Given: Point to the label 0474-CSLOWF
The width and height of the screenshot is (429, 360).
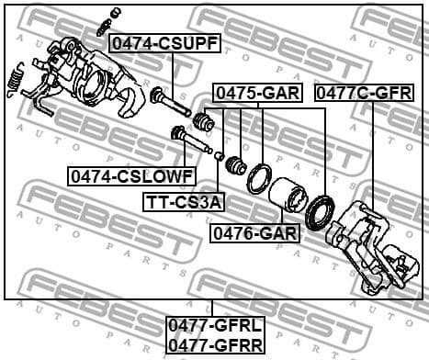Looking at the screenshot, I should coord(130,174).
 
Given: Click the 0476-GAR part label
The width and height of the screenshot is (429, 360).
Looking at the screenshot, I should coord(254,233).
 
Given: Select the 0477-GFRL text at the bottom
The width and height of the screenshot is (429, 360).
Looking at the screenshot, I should coord(214,324).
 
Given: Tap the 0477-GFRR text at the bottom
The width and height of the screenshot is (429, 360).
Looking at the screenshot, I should coord(214,343).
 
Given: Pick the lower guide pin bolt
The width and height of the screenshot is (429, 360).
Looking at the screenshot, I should coord(192,141).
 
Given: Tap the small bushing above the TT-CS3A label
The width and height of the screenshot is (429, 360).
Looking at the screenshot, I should coord(220,156).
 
